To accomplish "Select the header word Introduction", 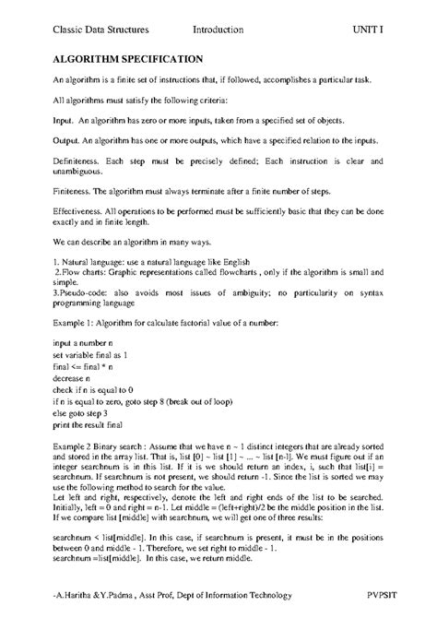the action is pyautogui.click(x=218, y=30).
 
